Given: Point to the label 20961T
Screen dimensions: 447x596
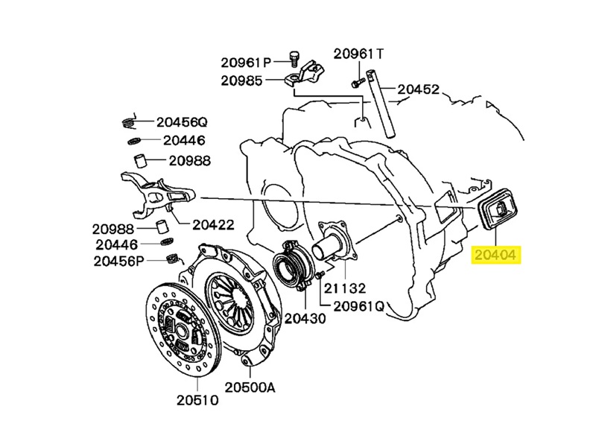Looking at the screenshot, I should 358,54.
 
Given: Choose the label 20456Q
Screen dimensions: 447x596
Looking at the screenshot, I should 181,121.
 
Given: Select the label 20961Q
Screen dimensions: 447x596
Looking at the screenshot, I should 359,306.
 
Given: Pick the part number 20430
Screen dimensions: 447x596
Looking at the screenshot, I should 305,319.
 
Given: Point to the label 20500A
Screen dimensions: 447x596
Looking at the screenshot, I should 250,387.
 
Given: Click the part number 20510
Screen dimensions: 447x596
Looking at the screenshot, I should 198,399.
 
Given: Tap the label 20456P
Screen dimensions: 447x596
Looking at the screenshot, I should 118,261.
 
